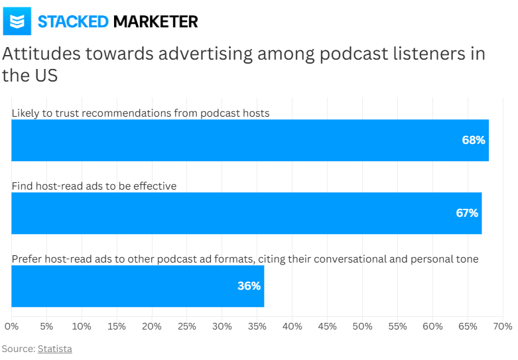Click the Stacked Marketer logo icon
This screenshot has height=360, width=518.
(18, 21)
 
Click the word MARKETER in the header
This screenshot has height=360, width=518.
(155, 21)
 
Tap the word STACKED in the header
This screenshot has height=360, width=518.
(73, 21)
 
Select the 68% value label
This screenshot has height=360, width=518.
(474, 141)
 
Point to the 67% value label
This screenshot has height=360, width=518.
(467, 213)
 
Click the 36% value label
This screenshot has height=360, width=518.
(249, 286)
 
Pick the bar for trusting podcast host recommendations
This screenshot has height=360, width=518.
(250, 141)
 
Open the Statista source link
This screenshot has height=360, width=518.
(54, 349)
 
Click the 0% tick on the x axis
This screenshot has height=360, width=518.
(11, 327)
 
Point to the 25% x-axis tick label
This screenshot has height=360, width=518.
(187, 327)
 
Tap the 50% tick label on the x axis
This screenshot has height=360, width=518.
(362, 327)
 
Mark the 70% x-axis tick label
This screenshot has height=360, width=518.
(503, 327)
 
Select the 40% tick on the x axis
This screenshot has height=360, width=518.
(292, 327)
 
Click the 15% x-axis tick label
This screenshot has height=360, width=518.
(117, 327)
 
